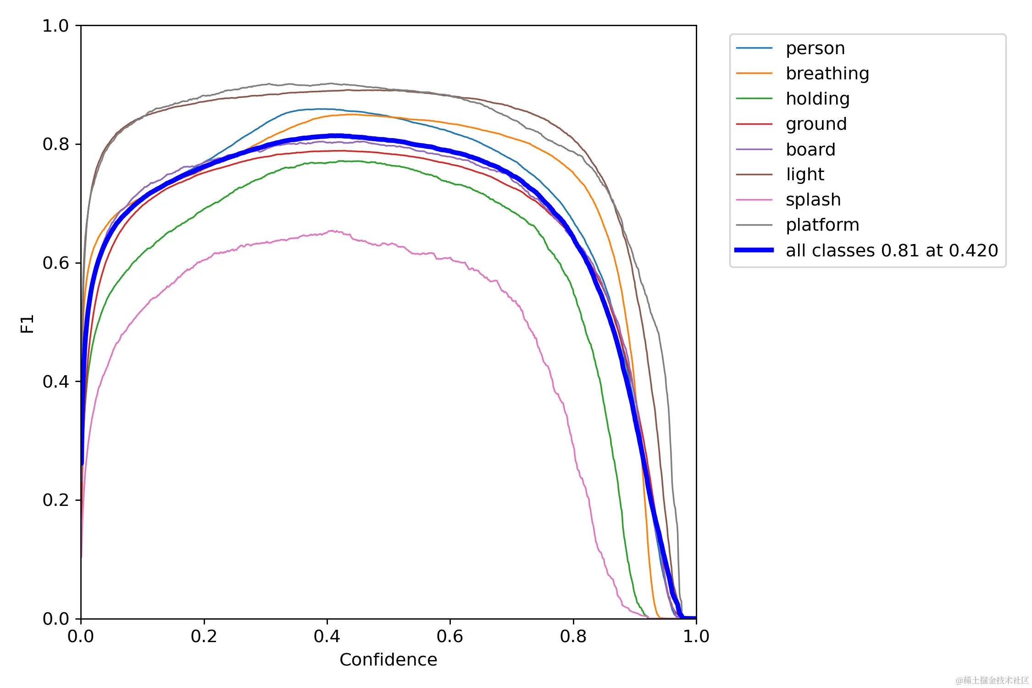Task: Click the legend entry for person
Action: (x=815, y=48)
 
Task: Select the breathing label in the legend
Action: (x=827, y=73)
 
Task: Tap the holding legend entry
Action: (x=817, y=99)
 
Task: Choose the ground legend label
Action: (x=816, y=124)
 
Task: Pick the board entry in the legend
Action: (x=810, y=150)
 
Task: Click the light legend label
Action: (x=805, y=174)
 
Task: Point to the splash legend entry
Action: (x=813, y=200)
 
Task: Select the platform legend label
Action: (x=822, y=225)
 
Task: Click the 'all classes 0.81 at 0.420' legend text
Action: (x=892, y=250)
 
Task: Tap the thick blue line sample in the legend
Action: (x=754, y=250)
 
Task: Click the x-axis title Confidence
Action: (x=388, y=660)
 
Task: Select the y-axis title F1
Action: (x=28, y=323)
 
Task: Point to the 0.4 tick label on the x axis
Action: (x=327, y=636)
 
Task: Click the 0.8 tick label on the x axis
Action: (x=573, y=636)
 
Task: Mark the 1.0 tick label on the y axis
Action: (x=55, y=26)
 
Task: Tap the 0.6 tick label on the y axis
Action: (x=55, y=263)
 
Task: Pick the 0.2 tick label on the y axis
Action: (x=55, y=500)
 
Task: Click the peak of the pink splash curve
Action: (x=331, y=231)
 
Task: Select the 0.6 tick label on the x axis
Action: (x=449, y=636)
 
